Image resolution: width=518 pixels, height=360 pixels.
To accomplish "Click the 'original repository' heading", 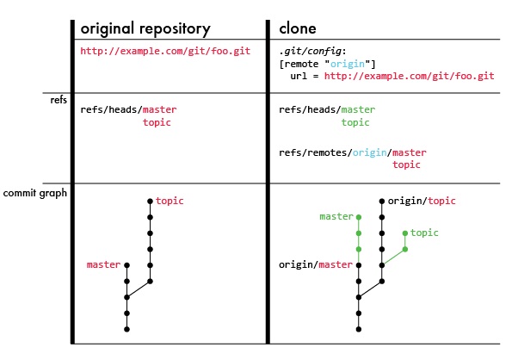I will [x=145, y=28].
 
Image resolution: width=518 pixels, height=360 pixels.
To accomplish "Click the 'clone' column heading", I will [x=298, y=28].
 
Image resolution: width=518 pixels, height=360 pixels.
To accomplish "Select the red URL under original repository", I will [x=165, y=52].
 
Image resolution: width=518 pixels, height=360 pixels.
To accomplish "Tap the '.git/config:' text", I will [x=315, y=52].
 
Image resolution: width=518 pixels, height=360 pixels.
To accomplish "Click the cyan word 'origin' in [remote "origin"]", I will [x=354, y=64].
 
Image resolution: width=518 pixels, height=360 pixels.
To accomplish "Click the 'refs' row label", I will [x=59, y=101].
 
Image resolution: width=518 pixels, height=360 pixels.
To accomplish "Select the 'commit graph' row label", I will [x=35, y=193].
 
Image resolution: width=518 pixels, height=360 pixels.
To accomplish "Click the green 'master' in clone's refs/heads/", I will [x=359, y=110].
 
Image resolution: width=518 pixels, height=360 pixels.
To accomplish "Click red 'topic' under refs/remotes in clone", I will [x=406, y=164].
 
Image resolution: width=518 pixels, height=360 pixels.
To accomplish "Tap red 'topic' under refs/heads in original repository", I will [x=157, y=122].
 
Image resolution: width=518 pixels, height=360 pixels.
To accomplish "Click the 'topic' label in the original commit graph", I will [x=170, y=201].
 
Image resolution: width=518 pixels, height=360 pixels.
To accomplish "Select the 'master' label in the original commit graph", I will [x=103, y=264].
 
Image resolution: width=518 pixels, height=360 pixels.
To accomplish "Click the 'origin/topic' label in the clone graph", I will [x=422, y=201].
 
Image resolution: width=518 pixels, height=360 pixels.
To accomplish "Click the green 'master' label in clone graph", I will [x=336, y=217].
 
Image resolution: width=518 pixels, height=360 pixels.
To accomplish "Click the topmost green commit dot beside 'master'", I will [x=359, y=217].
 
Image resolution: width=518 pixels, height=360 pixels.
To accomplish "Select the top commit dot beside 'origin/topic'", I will [x=382, y=201].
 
